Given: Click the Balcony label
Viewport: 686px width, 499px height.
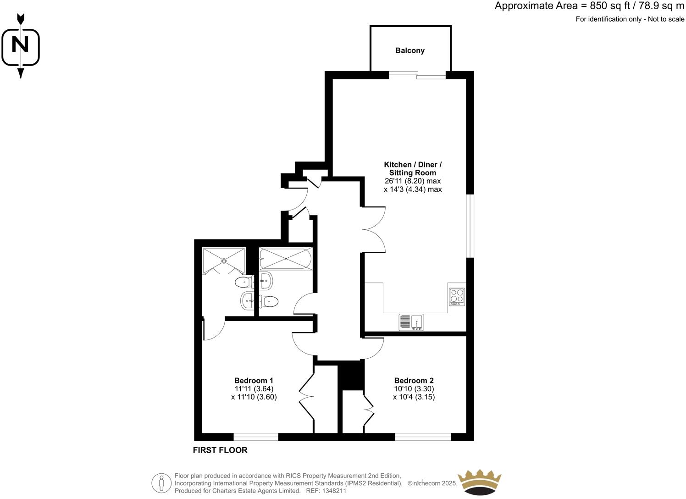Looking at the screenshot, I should click(x=410, y=50).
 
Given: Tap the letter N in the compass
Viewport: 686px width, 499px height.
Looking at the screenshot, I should click(x=20, y=45).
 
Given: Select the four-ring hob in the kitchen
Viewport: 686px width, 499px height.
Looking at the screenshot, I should click(x=457, y=296).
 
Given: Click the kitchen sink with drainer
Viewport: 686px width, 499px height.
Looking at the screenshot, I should click(x=411, y=322).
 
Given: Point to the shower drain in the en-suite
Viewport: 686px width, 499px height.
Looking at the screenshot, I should click(x=224, y=261).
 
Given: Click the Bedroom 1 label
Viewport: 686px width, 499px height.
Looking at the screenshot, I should click(x=254, y=380).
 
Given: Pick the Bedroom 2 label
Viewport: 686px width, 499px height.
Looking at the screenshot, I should click(x=414, y=380).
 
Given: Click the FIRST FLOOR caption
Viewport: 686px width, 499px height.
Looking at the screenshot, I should click(x=220, y=450).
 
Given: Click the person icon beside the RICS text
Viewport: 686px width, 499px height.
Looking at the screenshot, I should click(x=161, y=483).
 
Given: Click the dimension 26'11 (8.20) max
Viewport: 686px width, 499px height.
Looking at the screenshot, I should click(x=412, y=181).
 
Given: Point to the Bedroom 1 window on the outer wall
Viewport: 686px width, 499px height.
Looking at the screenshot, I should click(x=255, y=437).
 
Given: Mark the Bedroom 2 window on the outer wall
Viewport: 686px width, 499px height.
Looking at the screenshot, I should click(x=423, y=437).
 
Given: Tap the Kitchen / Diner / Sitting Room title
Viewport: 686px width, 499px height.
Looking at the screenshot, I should click(x=413, y=168).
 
